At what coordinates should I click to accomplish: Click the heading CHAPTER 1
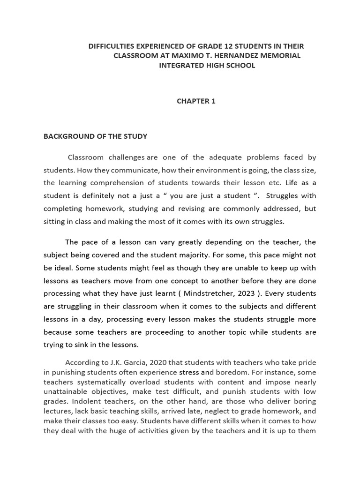(x=196, y=101)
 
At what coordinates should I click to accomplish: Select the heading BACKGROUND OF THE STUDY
(x=95, y=136)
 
